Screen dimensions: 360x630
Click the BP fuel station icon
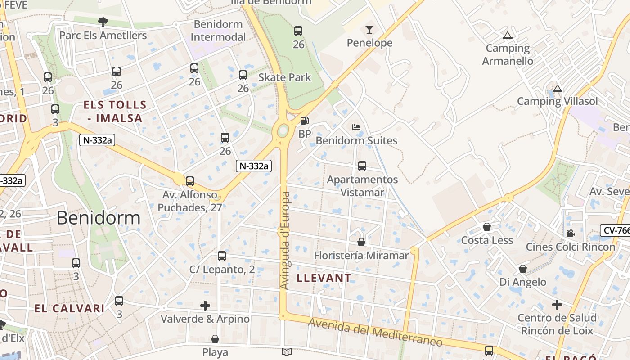[x=305, y=121]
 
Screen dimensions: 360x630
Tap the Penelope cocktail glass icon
[x=369, y=30]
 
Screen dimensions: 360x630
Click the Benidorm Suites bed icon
[x=356, y=127]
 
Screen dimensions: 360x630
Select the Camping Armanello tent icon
[x=508, y=36]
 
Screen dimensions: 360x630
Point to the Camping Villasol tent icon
[x=558, y=88]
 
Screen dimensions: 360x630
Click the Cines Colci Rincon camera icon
[x=570, y=233]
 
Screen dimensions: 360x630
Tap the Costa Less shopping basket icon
[x=486, y=227]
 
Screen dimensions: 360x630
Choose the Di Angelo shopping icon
[x=522, y=269]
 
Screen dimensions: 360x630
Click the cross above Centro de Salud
[x=557, y=305]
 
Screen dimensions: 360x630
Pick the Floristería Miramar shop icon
[x=361, y=242]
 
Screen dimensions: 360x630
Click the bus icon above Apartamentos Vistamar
[x=362, y=166]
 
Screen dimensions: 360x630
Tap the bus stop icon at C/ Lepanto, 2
[x=222, y=256]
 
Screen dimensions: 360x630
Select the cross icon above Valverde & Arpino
[x=205, y=306]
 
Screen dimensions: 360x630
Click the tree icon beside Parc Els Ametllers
[x=103, y=21]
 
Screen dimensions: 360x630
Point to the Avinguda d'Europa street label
[x=285, y=241]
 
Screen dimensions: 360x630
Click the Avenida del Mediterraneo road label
[x=375, y=333]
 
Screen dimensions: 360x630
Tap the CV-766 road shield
[x=616, y=230]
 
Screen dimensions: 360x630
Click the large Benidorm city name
[x=99, y=218]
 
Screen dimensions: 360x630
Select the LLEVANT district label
[x=324, y=278]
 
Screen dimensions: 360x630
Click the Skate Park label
[x=284, y=77]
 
